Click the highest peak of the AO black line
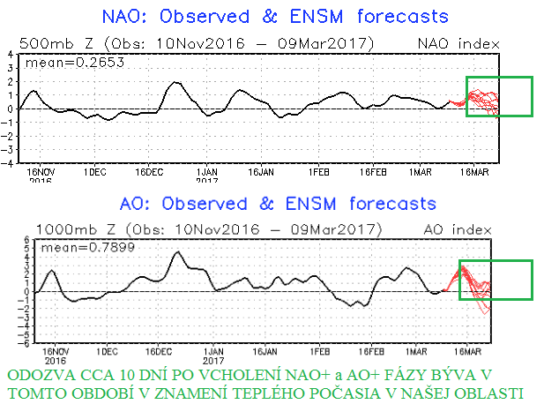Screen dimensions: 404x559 (x=179, y=252)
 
